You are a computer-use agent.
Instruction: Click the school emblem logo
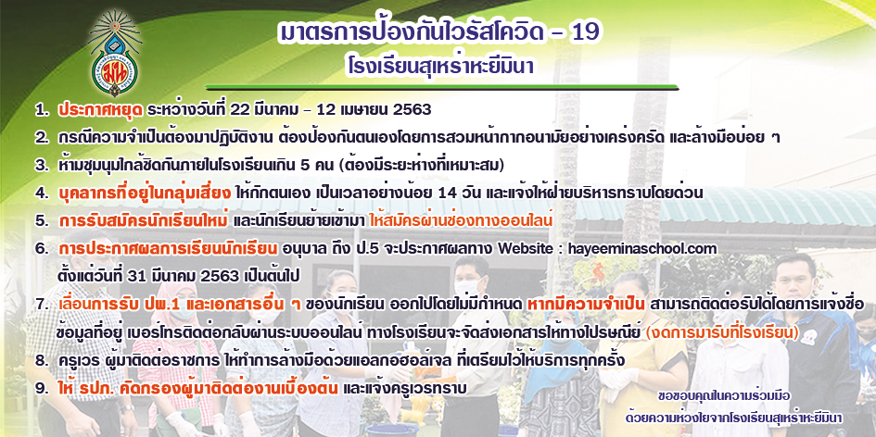[x=116, y=53]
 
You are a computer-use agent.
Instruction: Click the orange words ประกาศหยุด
[x=100, y=110]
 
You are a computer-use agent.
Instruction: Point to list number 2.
[x=41, y=137]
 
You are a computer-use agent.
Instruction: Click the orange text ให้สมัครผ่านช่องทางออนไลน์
[x=461, y=220]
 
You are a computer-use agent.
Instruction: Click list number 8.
[x=41, y=360]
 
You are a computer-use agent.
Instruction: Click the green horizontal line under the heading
[x=442, y=88]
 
